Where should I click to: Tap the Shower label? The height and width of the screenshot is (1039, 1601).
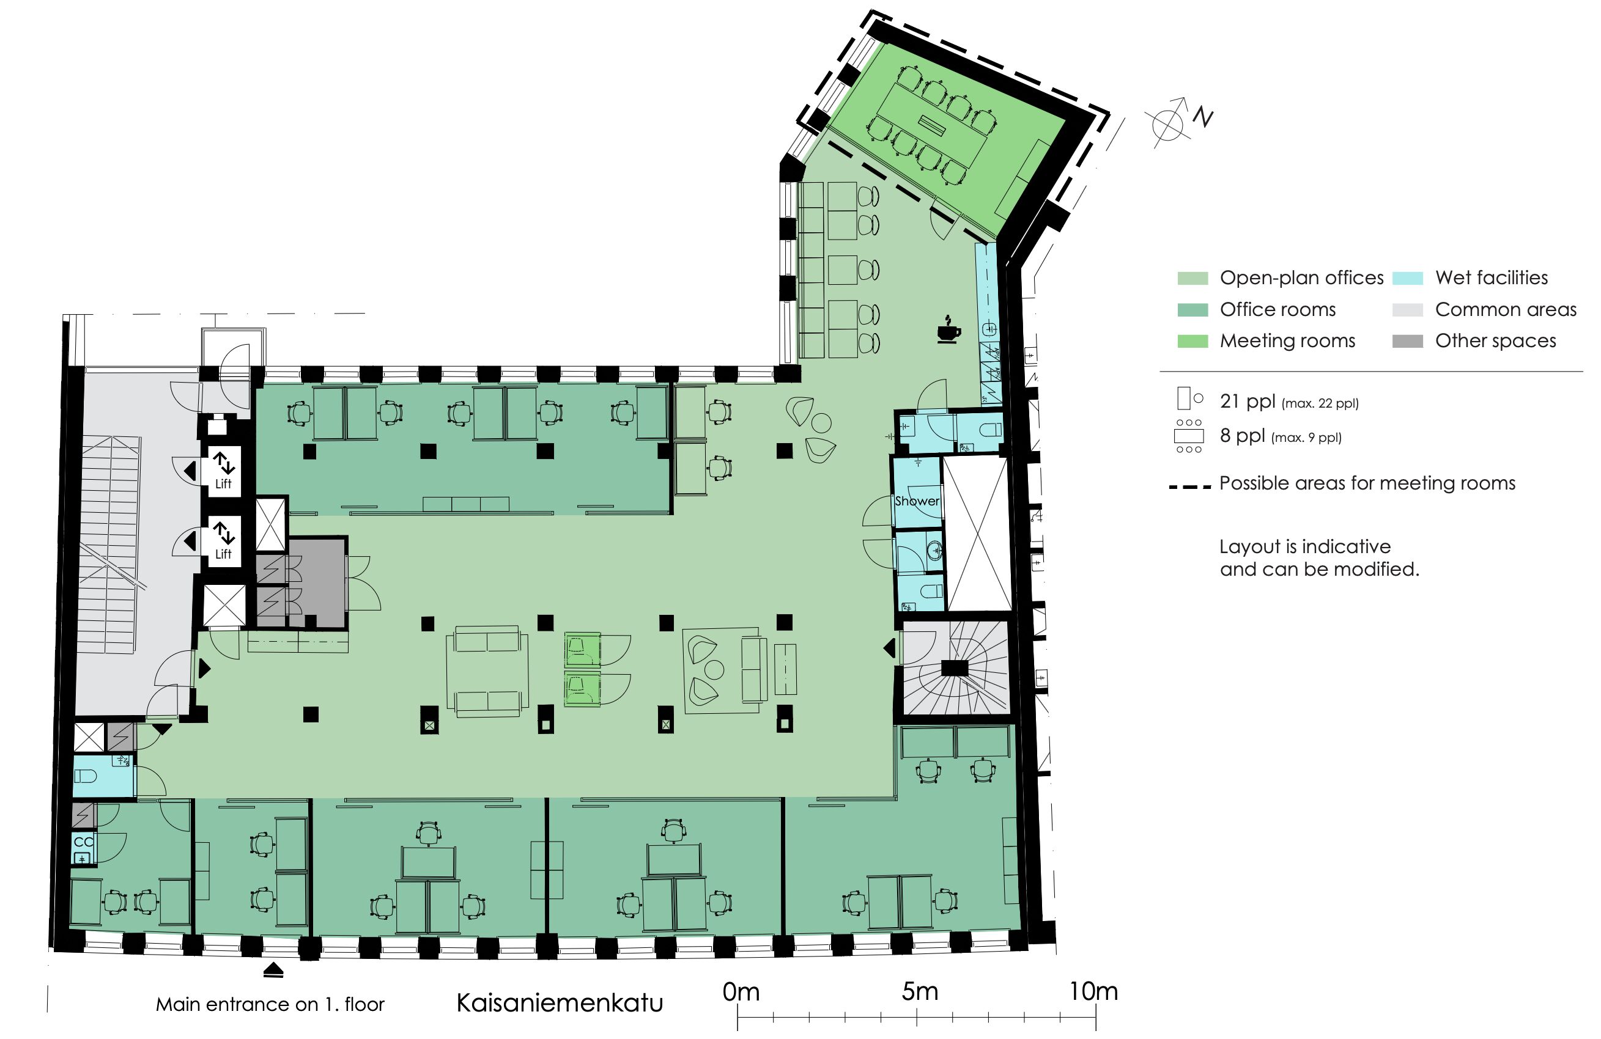click(917, 501)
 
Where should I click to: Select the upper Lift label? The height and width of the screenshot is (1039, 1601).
click(223, 483)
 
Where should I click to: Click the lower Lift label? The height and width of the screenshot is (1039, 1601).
click(223, 554)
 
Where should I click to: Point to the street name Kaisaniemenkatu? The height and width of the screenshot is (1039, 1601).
click(560, 1003)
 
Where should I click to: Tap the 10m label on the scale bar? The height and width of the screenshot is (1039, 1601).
click(1094, 991)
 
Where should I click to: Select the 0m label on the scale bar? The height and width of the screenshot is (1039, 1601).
click(741, 991)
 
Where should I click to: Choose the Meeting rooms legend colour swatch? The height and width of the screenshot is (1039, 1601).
click(1192, 341)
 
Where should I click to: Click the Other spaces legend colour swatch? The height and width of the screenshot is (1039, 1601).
click(1407, 341)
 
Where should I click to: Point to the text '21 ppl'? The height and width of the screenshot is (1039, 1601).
click(1247, 402)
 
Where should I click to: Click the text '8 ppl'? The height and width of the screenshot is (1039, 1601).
click(1243, 436)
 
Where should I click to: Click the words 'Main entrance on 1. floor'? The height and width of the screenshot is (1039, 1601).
click(270, 1004)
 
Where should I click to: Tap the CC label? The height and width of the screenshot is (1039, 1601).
click(83, 842)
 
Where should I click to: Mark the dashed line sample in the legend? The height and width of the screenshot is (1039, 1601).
click(1189, 485)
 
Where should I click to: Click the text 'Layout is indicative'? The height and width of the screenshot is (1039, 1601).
click(1305, 546)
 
